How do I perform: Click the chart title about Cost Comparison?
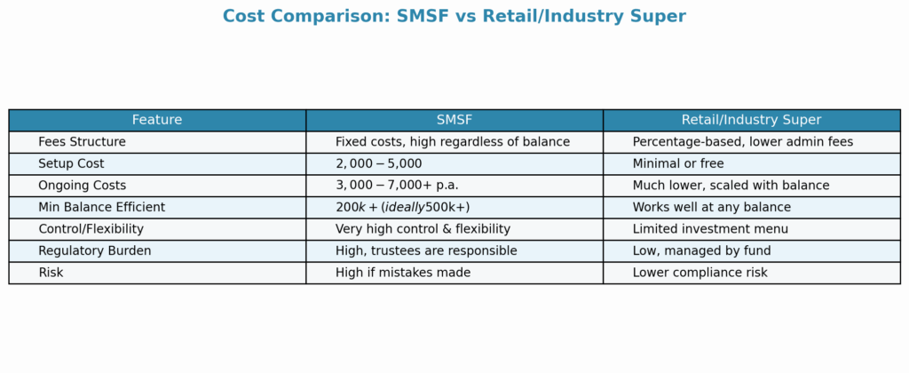pos(454,16)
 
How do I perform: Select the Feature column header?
pos(157,120)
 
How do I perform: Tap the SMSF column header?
pos(454,120)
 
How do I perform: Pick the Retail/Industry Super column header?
pos(751,120)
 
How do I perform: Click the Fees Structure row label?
pos(82,142)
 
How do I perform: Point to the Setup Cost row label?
pos(71,163)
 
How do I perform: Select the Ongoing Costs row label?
pos(82,186)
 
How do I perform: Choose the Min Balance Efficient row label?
pos(102,207)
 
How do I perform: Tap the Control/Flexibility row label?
pos(91,229)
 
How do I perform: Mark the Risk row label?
pos(51,273)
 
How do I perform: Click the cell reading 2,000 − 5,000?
pos(378,163)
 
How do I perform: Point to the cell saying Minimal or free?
pos(678,163)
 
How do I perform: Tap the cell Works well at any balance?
pos(711,207)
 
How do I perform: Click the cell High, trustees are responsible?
pos(426,251)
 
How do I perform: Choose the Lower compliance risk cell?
pos(700,273)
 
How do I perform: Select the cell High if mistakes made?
pos(403,273)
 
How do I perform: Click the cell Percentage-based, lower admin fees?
pos(743,142)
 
